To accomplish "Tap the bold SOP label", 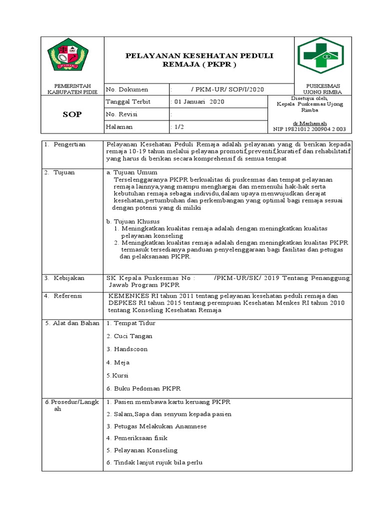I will (x=71, y=114).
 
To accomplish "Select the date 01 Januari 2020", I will (x=197, y=102).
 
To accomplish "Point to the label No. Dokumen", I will (x=127, y=89).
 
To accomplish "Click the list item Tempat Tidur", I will (x=129, y=323).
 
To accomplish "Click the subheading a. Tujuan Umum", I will (x=129, y=172).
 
